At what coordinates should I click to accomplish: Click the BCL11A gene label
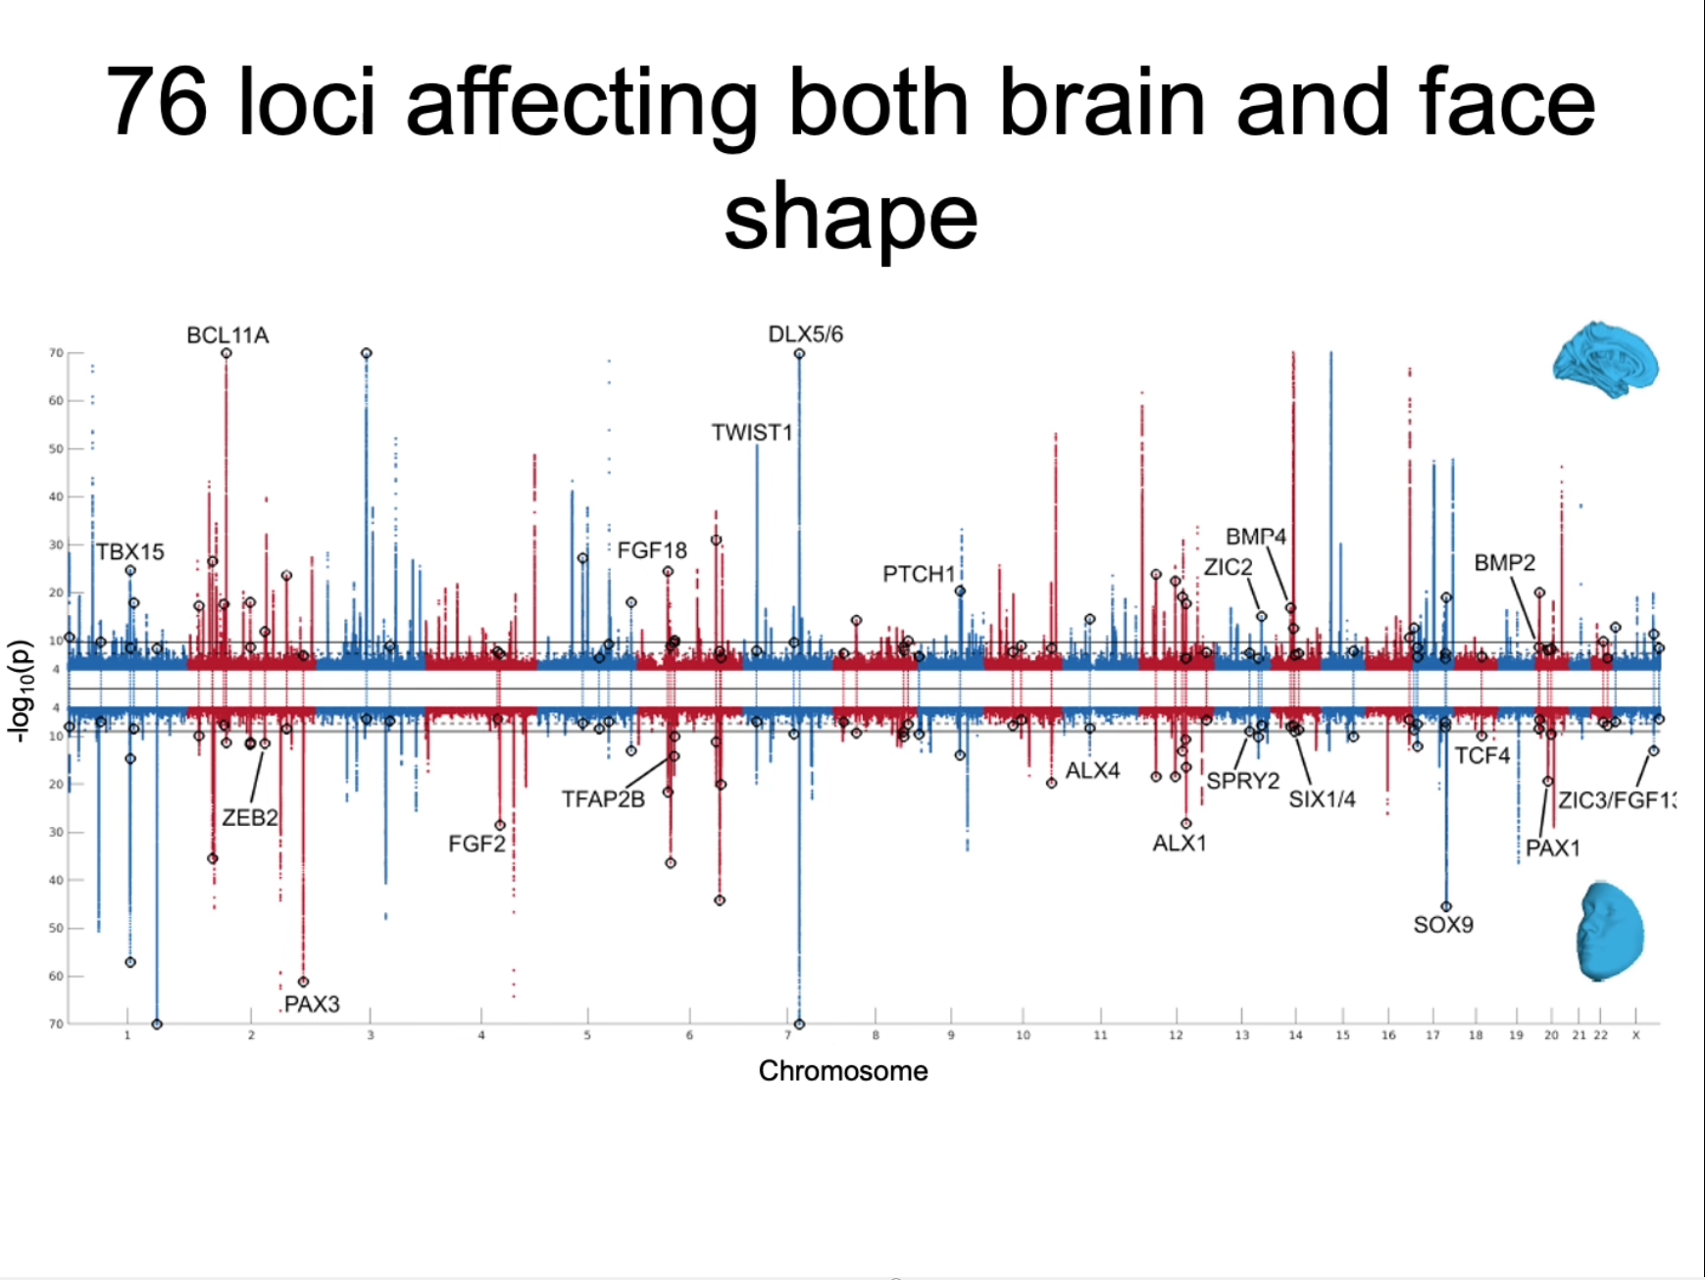coord(227,335)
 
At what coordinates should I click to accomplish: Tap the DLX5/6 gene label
coord(805,334)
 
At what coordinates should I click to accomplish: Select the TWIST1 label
coord(751,433)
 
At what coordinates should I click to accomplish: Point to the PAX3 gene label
coord(312,1004)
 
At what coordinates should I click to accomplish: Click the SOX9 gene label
coord(1442,925)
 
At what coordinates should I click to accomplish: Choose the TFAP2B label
coord(603,799)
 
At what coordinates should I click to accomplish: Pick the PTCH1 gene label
coord(919,574)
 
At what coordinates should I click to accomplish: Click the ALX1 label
coord(1179,844)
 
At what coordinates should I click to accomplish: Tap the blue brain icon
coord(1605,360)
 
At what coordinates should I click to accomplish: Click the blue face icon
coord(1609,931)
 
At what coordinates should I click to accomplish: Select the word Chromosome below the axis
coord(842,1071)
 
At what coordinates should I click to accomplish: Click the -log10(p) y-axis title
coord(19,691)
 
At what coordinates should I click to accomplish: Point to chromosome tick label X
coord(1634,1036)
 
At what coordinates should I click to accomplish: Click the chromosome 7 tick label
coord(787,1036)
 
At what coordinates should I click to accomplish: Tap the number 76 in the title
coord(156,102)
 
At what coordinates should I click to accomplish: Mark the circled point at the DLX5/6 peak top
coord(799,354)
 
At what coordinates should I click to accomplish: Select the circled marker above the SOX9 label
coord(1445,906)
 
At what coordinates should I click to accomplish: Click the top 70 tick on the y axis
coord(56,353)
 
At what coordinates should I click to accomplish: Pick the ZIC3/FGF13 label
coord(1617,800)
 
